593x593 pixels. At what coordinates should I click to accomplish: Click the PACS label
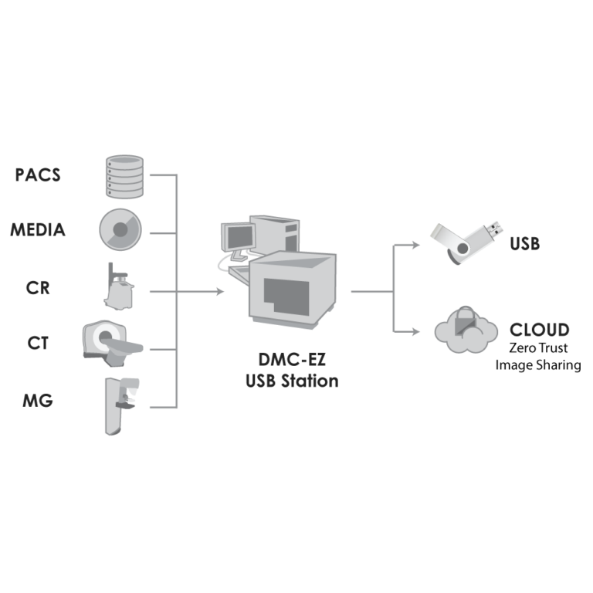tap(38, 175)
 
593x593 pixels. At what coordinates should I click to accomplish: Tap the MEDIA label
tap(38, 230)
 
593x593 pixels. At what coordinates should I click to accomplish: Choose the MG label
tap(38, 402)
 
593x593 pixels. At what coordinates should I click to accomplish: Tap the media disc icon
tap(120, 230)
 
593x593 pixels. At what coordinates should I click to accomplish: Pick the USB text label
tap(524, 245)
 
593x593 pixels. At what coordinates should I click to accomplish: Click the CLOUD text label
tap(540, 330)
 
